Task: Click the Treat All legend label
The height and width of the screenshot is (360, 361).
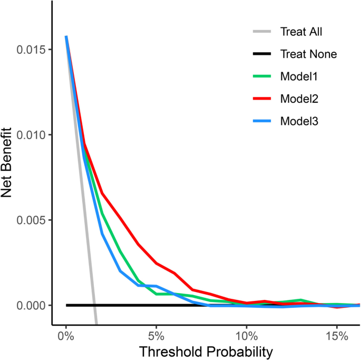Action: coord(301,32)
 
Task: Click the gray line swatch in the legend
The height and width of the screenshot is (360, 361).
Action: coord(262,32)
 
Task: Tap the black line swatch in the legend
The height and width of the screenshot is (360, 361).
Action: coord(262,54)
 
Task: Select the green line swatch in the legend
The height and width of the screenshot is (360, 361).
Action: coord(262,76)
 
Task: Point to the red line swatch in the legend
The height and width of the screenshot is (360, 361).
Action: coord(262,99)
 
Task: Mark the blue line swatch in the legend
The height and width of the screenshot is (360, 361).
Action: coord(262,121)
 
